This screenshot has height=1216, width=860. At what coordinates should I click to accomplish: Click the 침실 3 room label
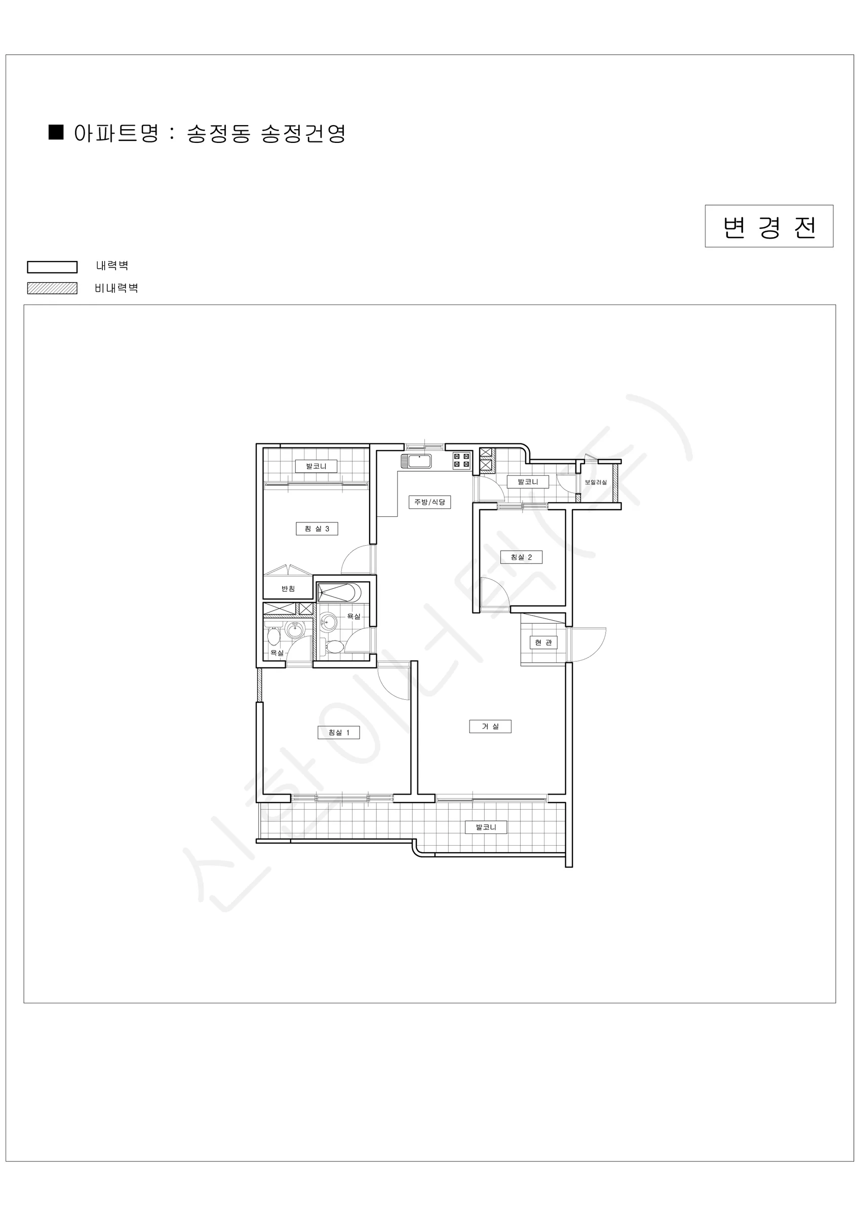(x=317, y=528)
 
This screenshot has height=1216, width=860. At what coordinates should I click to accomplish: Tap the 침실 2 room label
(x=521, y=557)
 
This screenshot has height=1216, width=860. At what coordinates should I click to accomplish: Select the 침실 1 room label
(x=339, y=733)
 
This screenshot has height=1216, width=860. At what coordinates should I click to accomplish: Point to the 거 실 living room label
(x=490, y=726)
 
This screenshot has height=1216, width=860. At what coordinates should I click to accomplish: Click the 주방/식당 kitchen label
(x=429, y=502)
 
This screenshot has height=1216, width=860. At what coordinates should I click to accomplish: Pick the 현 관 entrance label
(x=543, y=642)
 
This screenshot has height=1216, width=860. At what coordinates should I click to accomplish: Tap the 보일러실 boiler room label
(x=596, y=482)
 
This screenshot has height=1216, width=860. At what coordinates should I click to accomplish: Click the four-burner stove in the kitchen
(x=462, y=460)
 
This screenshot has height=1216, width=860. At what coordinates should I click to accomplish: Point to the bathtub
(x=339, y=592)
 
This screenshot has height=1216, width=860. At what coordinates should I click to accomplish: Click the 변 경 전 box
(x=769, y=226)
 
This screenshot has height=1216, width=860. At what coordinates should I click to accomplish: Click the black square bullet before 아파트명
(x=56, y=132)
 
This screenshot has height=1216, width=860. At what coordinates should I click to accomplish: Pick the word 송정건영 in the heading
(x=303, y=133)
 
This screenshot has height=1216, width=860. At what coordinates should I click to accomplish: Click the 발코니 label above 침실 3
(x=316, y=466)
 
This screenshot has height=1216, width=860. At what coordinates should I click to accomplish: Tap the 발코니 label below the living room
(x=486, y=827)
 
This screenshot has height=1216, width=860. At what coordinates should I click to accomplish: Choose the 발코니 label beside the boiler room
(x=527, y=482)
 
